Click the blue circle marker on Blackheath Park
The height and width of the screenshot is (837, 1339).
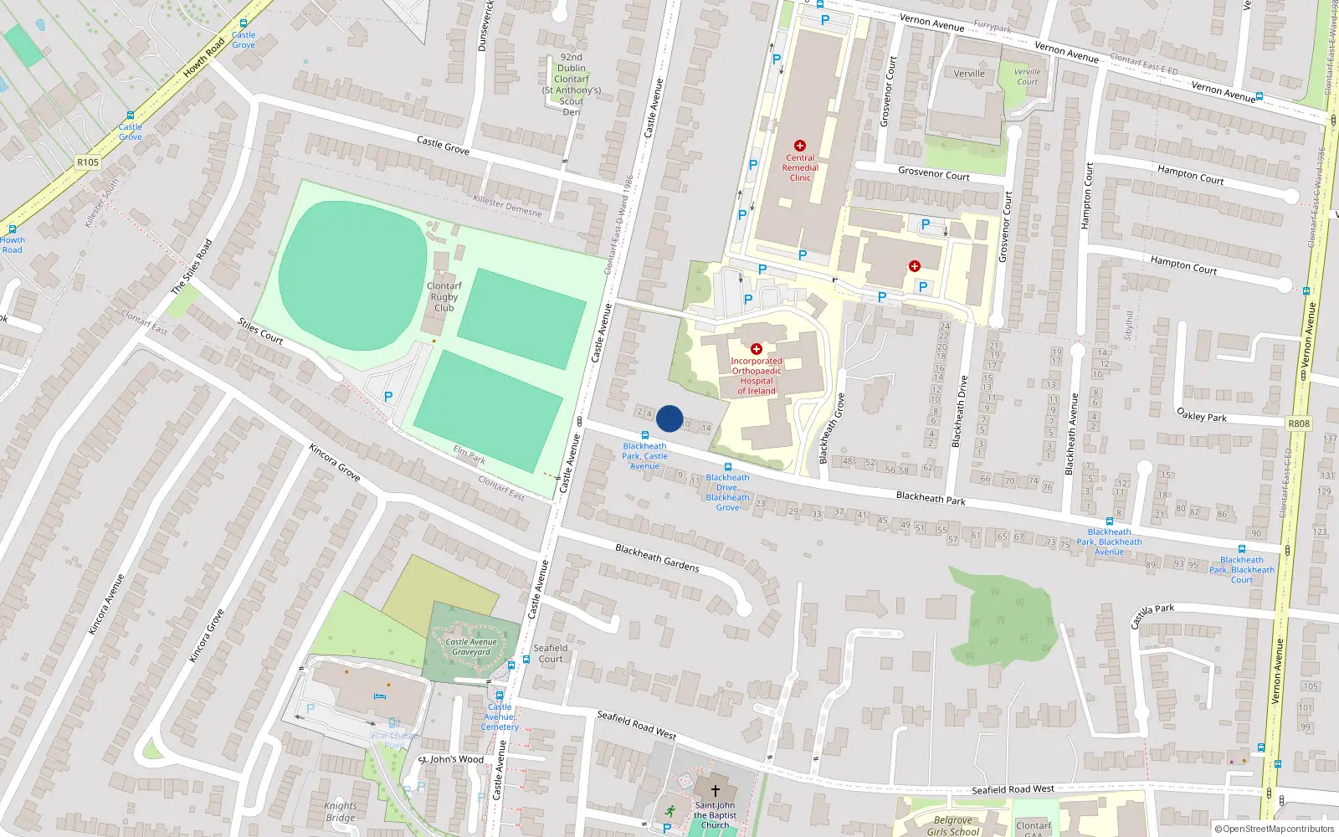click(669, 418)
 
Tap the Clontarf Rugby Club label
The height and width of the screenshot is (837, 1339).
click(444, 297)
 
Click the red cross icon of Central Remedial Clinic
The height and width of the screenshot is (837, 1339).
click(800, 146)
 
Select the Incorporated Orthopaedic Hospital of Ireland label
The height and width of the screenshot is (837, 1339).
click(757, 376)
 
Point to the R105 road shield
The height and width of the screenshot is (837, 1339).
click(87, 162)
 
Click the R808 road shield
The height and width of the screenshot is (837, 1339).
click(1299, 424)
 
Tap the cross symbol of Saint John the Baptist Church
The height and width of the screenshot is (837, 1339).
click(716, 790)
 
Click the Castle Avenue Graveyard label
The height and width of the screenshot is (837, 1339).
click(471, 647)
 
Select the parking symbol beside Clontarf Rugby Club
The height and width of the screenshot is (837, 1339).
click(388, 397)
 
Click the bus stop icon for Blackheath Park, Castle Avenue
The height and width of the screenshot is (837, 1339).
click(644, 435)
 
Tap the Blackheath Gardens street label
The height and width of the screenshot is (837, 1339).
click(657, 557)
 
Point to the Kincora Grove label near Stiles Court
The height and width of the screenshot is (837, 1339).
click(335, 463)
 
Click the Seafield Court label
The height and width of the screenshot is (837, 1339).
click(551, 654)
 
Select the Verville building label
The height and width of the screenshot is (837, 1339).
click(969, 74)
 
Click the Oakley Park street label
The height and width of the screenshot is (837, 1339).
click(1202, 415)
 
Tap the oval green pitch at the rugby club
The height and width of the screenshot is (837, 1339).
click(353, 275)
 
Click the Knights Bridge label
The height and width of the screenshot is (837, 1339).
click(341, 812)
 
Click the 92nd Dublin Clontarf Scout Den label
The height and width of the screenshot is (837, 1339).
click(572, 85)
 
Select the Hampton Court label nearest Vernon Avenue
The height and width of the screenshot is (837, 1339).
click(1190, 175)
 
